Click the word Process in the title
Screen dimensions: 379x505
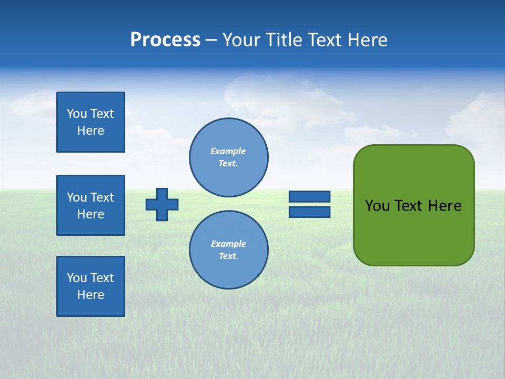pos(165,40)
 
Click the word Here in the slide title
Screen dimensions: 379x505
pos(367,40)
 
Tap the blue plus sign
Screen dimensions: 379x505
pos(162,204)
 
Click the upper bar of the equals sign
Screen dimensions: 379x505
pos(309,196)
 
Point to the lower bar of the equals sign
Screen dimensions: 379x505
pos(309,212)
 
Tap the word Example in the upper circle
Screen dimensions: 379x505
pos(228,151)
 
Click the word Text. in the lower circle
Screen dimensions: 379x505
pos(228,256)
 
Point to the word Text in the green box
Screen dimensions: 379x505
pos(410,206)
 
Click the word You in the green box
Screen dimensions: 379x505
pos(377,206)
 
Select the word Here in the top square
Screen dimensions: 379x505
pos(90,131)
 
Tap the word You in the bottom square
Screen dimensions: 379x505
pos(77,278)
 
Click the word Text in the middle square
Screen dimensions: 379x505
pos(102,197)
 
